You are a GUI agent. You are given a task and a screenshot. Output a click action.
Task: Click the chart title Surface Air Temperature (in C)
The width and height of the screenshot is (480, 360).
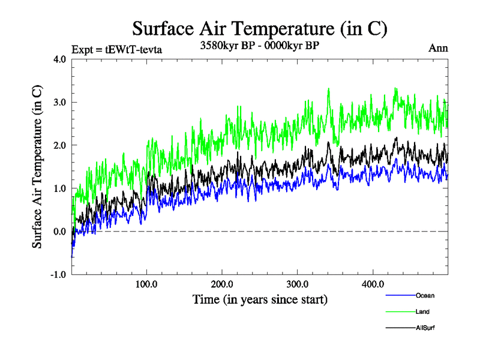pyautogui.click(x=259, y=29)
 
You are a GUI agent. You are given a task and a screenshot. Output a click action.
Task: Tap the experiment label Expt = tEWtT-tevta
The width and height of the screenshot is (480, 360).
pyautogui.click(x=117, y=49)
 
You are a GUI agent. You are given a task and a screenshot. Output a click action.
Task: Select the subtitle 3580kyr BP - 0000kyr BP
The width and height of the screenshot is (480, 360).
pyautogui.click(x=259, y=46)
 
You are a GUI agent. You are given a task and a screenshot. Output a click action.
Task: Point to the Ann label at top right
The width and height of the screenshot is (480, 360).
pyautogui.click(x=438, y=49)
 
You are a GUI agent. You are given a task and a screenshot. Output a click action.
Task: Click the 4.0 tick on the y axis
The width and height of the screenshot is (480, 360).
pyautogui.click(x=59, y=59)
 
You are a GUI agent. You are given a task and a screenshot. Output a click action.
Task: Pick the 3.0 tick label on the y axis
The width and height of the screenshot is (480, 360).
pyautogui.click(x=59, y=103)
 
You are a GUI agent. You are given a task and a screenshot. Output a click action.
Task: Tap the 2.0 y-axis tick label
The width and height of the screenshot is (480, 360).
pyautogui.click(x=59, y=145)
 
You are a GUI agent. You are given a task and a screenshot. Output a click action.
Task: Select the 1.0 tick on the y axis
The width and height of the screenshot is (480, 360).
pyautogui.click(x=59, y=188)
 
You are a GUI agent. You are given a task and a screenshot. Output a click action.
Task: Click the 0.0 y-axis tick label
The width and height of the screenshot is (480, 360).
pyautogui.click(x=59, y=232)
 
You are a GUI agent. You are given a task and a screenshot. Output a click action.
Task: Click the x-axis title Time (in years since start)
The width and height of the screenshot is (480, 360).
pyautogui.click(x=259, y=298)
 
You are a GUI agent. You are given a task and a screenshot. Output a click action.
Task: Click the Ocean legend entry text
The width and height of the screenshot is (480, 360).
pyautogui.click(x=424, y=295)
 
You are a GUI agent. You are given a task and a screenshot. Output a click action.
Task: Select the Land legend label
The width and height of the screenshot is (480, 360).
pyautogui.click(x=422, y=311)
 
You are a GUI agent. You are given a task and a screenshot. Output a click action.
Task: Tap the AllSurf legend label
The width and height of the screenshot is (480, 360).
pyautogui.click(x=424, y=328)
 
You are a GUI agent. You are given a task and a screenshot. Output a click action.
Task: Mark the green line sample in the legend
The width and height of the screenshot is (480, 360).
pyautogui.click(x=399, y=311)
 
